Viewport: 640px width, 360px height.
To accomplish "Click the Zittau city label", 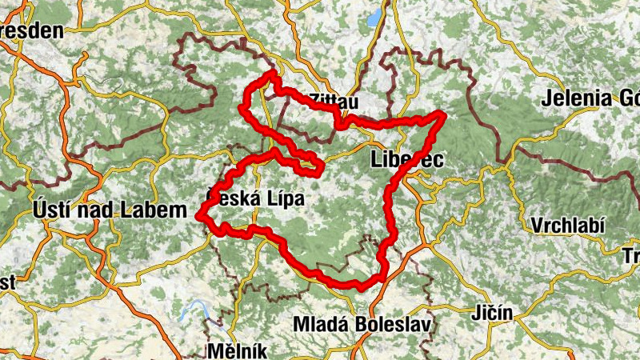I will tap(333, 102).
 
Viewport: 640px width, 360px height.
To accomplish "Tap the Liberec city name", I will tap(407, 159).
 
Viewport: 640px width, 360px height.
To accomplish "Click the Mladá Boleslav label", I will tap(362, 326).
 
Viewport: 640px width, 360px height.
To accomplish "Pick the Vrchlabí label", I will tap(566, 222).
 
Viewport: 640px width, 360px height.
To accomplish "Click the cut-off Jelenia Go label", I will tap(590, 99).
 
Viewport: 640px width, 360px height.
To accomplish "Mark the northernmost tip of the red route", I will tap(272, 73).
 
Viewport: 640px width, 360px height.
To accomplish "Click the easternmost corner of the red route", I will tap(442, 115).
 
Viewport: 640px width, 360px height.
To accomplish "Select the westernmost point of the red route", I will tap(198, 215).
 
